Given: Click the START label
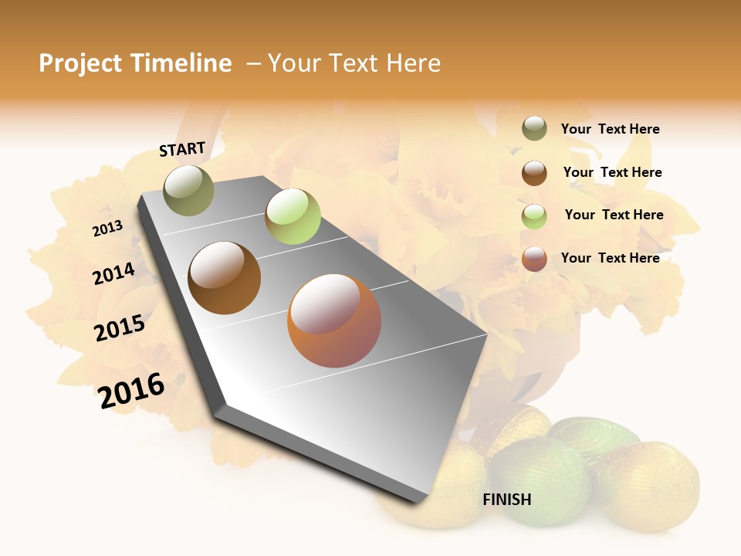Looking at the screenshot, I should pyautogui.click(x=182, y=149).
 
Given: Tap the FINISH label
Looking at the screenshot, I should pyautogui.click(x=507, y=500).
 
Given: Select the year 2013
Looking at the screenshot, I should pyautogui.click(x=108, y=229).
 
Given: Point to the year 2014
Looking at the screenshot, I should pyautogui.click(x=114, y=273).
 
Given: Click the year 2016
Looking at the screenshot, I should pyautogui.click(x=132, y=391).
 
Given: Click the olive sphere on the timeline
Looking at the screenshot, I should pyautogui.click(x=188, y=190).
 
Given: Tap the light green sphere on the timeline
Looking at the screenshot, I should pyautogui.click(x=293, y=216).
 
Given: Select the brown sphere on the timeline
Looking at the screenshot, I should pyautogui.click(x=225, y=278).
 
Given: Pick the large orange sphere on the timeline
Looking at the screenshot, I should pyautogui.click(x=334, y=320).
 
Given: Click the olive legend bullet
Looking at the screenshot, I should pyautogui.click(x=534, y=129).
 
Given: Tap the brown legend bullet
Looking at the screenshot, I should pyautogui.click(x=534, y=173).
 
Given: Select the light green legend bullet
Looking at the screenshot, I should pyautogui.click(x=534, y=216).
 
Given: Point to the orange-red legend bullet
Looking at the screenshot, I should pyautogui.click(x=534, y=259).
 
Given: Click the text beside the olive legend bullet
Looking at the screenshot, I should pyautogui.click(x=610, y=129).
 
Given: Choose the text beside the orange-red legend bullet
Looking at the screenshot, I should pyautogui.click(x=610, y=258).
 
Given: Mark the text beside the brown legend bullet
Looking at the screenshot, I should pyautogui.click(x=612, y=172).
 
